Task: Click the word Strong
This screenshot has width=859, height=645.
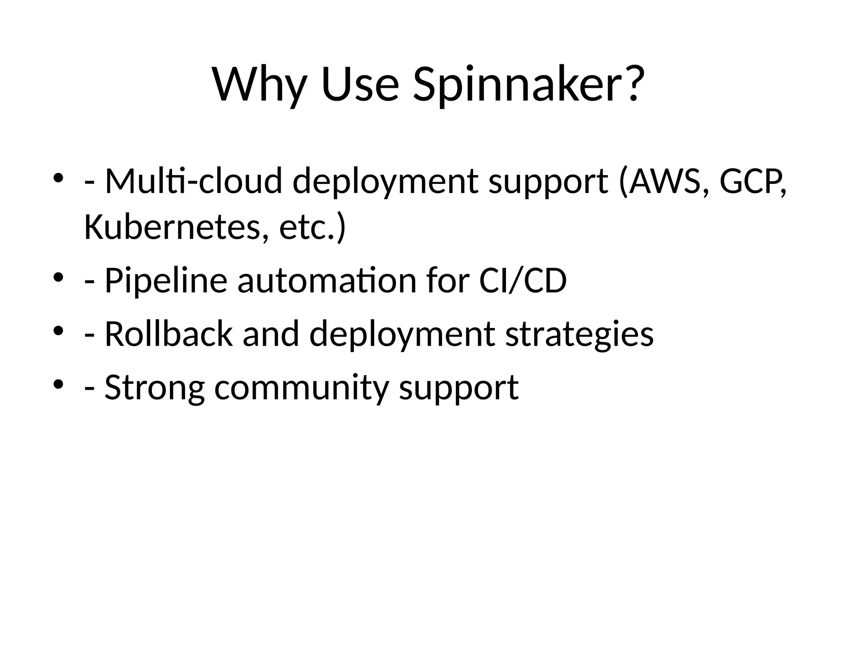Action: [155, 387]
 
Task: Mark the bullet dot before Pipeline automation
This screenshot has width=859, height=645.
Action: [58, 277]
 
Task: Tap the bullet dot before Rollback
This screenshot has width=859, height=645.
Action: [58, 330]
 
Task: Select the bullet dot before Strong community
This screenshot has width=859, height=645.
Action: [58, 383]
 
